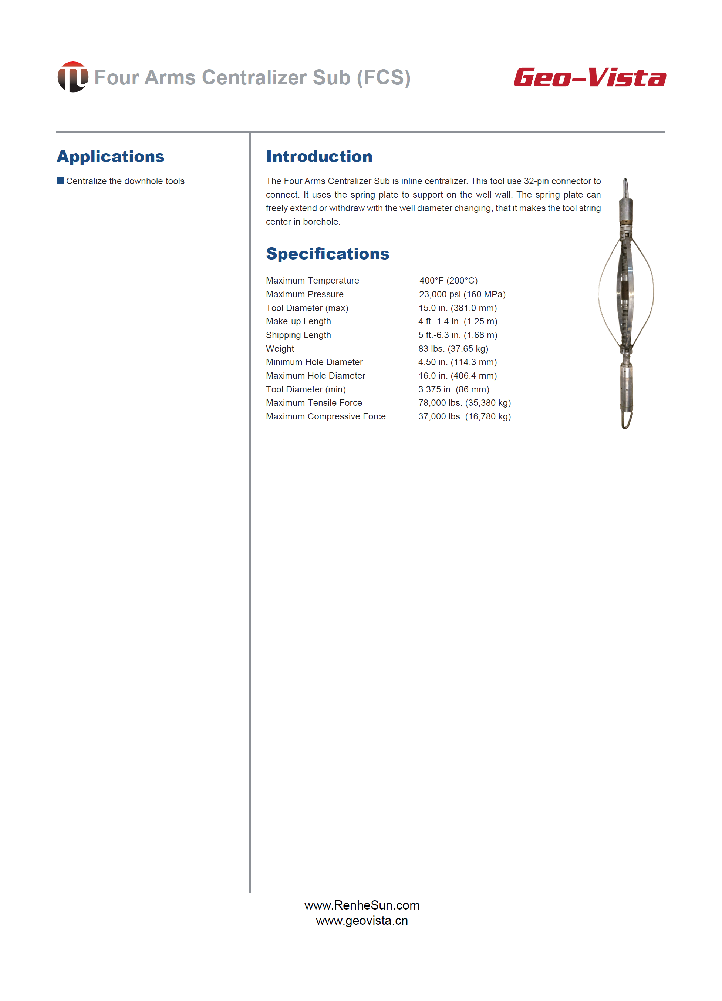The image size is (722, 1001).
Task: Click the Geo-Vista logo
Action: [x=589, y=78]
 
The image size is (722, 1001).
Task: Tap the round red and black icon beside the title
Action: [x=73, y=77]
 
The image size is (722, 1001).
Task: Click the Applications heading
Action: [x=110, y=156]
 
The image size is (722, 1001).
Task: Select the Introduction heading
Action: [x=319, y=156]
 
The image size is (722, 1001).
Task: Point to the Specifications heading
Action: [x=327, y=254]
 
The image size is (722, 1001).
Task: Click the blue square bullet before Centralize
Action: [x=60, y=181]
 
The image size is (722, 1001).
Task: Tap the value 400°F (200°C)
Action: [x=448, y=281]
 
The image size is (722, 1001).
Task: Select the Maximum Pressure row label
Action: [x=304, y=294]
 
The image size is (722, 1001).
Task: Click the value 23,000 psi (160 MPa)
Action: [x=462, y=294]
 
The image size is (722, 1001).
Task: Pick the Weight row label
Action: [x=280, y=349]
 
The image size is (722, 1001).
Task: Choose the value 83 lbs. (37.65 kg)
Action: [x=453, y=349]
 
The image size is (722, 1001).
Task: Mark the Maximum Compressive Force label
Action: [x=325, y=416]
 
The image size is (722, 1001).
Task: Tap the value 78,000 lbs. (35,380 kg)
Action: [x=465, y=403]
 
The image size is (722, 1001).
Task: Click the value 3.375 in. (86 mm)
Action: [x=453, y=389]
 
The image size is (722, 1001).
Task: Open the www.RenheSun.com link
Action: [x=362, y=905]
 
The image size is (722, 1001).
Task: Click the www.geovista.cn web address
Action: [x=362, y=921]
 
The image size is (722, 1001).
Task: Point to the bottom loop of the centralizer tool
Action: [x=627, y=420]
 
